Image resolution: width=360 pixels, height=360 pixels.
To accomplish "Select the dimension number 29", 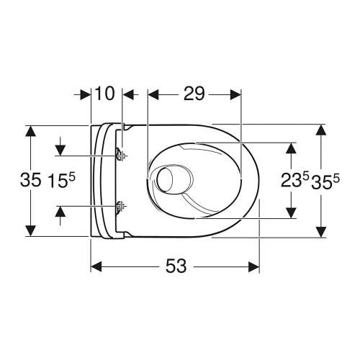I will click(x=194, y=93).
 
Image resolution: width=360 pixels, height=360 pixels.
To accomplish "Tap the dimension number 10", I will click(x=106, y=93).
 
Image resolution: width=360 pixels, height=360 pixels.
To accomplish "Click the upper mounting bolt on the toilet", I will click(x=120, y=154).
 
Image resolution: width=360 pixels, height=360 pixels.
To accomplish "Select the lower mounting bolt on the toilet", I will click(x=120, y=206).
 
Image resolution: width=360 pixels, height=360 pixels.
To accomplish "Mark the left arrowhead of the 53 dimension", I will click(x=96, y=266).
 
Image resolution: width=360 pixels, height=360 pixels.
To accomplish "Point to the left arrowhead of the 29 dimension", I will click(x=153, y=93).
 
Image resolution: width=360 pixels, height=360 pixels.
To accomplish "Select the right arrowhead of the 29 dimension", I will click(x=235, y=93).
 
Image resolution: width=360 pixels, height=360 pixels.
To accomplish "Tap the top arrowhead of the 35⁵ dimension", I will click(x=321, y=130).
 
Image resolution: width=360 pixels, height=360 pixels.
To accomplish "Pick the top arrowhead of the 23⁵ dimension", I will click(x=291, y=148).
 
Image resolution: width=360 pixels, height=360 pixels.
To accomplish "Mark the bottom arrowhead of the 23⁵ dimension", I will click(x=291, y=212).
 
